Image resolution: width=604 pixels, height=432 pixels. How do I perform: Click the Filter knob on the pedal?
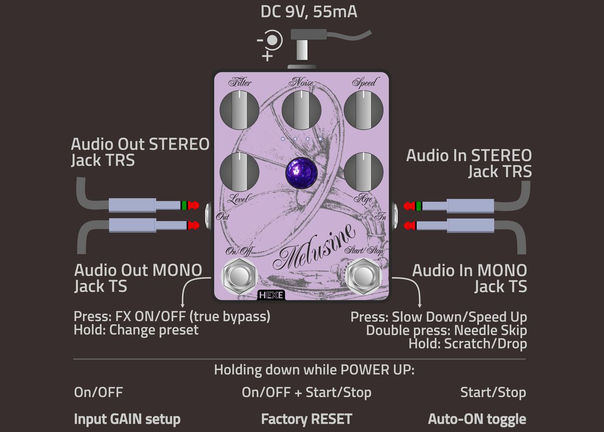240,109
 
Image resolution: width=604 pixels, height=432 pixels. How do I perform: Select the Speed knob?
363,109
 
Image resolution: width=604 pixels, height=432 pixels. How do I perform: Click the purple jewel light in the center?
302,172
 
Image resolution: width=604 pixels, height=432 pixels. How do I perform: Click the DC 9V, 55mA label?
309,12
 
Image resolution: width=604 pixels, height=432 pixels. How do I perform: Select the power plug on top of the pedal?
301,48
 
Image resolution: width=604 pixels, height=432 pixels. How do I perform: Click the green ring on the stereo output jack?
184,205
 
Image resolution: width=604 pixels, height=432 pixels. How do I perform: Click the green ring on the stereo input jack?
419,205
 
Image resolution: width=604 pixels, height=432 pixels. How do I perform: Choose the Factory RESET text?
307,419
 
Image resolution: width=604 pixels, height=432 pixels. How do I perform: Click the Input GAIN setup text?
127,419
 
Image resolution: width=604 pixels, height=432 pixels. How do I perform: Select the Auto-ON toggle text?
477,419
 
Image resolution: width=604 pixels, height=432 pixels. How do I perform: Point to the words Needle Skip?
490,330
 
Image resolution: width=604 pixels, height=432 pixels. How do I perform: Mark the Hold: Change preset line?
136,330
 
